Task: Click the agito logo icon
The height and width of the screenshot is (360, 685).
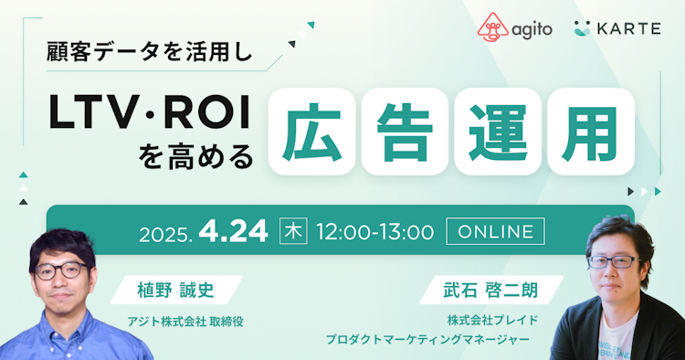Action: pyautogui.click(x=491, y=26)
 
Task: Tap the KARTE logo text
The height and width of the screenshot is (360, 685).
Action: pyautogui.click(x=629, y=27)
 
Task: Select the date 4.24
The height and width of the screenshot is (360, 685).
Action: pyautogui.click(x=237, y=231)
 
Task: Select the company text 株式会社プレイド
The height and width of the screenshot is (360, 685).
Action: pyautogui.click(x=494, y=320)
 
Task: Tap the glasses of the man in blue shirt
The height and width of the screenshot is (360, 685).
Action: pyautogui.click(x=61, y=270)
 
